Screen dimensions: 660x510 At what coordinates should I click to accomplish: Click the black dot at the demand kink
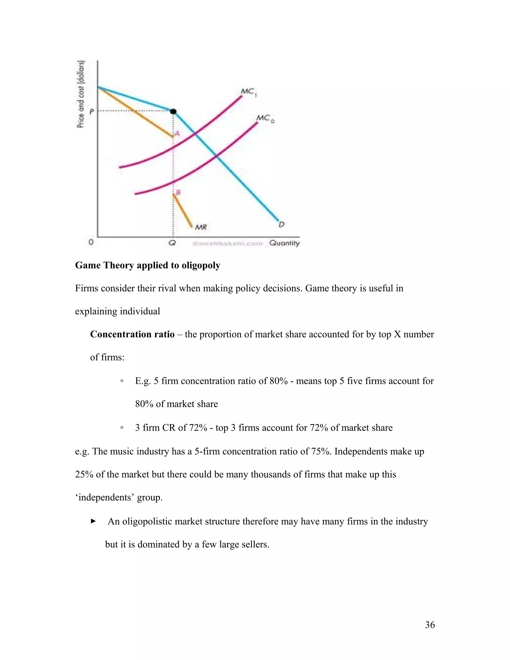coord(173,112)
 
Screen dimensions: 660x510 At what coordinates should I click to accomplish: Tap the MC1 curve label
coord(248,92)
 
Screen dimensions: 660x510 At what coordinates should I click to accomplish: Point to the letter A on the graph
coord(177,133)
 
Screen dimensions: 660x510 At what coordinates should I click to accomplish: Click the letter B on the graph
coord(178,192)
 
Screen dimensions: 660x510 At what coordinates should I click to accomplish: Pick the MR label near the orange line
coord(201,227)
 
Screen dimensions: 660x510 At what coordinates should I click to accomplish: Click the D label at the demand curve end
coord(282,224)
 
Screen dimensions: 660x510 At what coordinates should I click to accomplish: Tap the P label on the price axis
coord(92,112)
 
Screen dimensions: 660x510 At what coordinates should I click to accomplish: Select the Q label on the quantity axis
coord(172,243)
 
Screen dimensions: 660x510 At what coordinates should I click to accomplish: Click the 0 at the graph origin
coord(91,242)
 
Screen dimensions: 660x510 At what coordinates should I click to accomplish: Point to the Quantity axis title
coord(284,243)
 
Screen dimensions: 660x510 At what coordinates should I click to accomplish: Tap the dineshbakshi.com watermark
coord(228,244)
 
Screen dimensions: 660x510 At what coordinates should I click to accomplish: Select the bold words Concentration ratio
coord(132,334)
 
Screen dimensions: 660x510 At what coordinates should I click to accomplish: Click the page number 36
coord(430,625)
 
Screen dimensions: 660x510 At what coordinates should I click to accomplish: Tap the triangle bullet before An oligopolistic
coord(93,521)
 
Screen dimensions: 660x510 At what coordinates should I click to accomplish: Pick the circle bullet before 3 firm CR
coord(122,428)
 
